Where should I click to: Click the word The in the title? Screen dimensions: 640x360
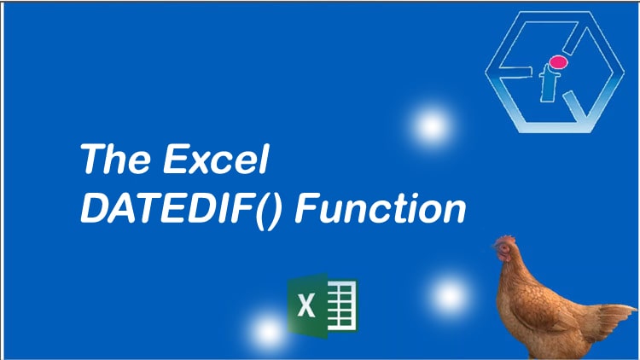pos(115,159)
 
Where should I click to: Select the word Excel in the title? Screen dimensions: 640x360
pos(217,159)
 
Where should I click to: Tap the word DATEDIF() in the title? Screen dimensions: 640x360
pos(181,209)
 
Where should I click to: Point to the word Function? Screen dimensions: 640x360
pos(381,208)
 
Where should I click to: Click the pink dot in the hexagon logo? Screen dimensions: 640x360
pos(558,62)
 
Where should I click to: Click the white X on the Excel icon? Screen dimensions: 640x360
pos(305,305)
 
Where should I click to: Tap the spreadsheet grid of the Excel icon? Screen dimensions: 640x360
pos(342,305)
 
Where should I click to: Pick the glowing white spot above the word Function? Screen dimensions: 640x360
pos(432,125)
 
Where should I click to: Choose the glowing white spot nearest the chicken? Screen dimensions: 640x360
pos(450,295)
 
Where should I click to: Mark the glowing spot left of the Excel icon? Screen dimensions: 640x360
pos(267,332)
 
